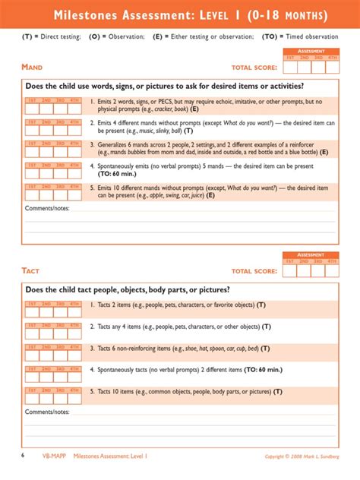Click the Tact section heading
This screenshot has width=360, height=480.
(x=30, y=270)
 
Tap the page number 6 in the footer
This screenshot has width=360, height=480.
(x=22, y=456)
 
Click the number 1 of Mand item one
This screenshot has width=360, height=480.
(x=91, y=101)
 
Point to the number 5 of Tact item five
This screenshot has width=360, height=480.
(x=91, y=392)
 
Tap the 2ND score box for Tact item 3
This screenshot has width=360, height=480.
(x=46, y=351)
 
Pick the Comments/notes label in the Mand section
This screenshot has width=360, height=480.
(x=47, y=208)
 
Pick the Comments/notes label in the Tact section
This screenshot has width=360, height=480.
(x=47, y=412)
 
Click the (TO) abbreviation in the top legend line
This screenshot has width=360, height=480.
(x=269, y=36)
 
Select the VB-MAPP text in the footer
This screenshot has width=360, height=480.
(x=54, y=456)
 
